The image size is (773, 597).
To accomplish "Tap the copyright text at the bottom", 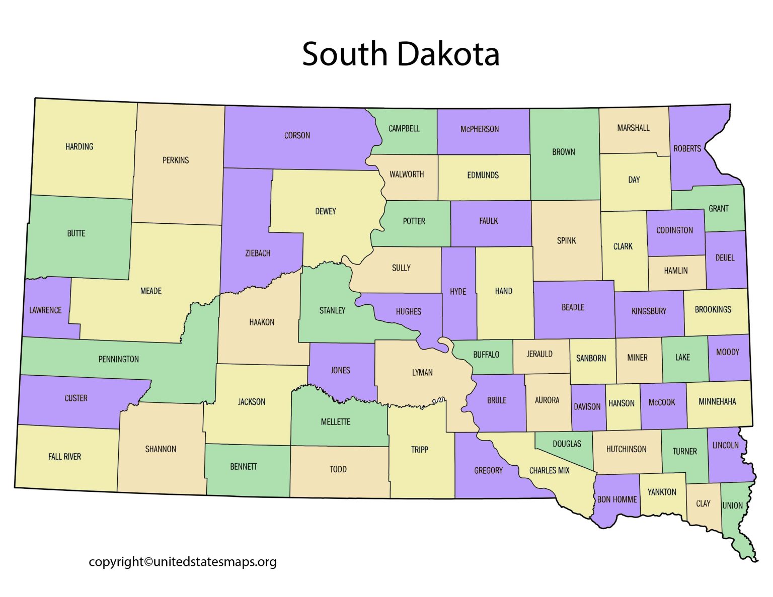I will pos(182,562).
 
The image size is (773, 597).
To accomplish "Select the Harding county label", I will pos(80,147).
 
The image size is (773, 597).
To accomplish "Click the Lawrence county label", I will pos(45,310).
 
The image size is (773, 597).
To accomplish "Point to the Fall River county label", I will pos(64,457).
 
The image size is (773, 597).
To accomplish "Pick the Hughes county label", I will pos(408,312).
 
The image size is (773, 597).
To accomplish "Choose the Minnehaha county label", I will pos(717,402).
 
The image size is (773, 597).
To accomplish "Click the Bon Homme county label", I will pos(617,499).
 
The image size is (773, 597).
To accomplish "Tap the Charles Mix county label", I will pos(549,471).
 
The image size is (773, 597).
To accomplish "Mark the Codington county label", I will pos(674,230).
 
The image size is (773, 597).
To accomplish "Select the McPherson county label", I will pos(480,129).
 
